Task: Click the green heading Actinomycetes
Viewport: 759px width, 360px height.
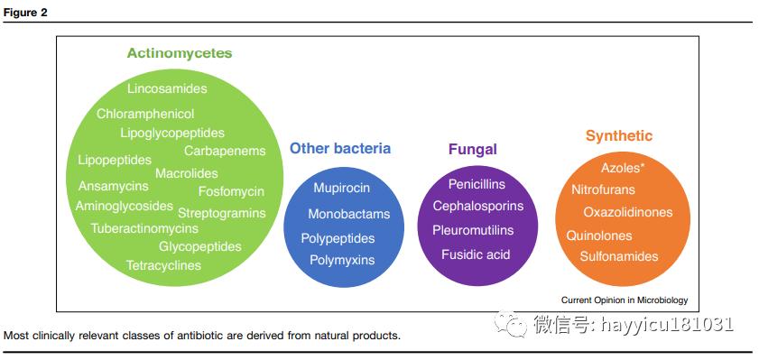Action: pos(180,53)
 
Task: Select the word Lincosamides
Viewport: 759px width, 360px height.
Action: pos(168,89)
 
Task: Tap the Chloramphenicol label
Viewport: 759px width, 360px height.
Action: pos(145,115)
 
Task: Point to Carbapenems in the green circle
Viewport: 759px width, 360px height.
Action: pos(225,151)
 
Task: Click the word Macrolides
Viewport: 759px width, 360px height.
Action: pos(187,173)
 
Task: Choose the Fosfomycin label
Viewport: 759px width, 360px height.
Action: pos(231,191)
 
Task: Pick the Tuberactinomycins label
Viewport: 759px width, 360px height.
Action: pos(144,228)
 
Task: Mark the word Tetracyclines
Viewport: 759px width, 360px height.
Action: pos(163,265)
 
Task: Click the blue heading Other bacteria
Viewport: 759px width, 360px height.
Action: pos(340,149)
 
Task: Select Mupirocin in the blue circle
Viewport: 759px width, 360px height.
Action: pos(342,188)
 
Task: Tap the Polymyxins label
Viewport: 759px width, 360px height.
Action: pos(342,261)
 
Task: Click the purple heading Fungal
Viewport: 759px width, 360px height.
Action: pos(472,150)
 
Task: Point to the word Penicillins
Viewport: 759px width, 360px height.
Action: pos(477,184)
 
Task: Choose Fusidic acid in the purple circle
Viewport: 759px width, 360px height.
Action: pos(476,254)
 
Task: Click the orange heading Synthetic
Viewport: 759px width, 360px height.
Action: pos(619,136)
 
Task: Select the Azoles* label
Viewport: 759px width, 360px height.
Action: pos(623,168)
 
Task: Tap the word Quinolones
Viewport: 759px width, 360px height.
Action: pos(599,236)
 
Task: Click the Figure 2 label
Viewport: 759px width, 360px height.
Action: pos(25,13)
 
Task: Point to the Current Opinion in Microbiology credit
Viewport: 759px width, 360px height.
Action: pos(625,300)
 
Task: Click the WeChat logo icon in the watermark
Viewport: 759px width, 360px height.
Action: pos(510,323)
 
